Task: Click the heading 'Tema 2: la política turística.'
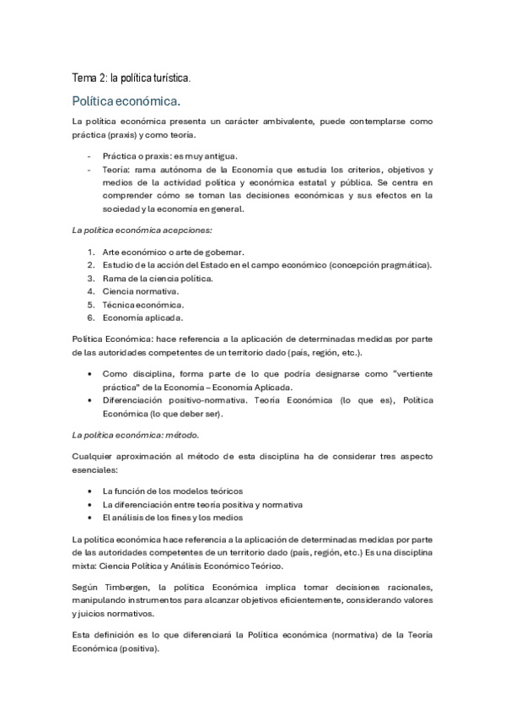click(x=132, y=78)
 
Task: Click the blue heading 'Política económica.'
click(x=126, y=101)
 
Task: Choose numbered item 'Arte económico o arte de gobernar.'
click(x=173, y=252)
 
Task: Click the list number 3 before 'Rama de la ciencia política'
click(x=90, y=278)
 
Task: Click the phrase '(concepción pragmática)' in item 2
click(x=382, y=265)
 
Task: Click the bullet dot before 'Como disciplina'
click(x=90, y=372)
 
